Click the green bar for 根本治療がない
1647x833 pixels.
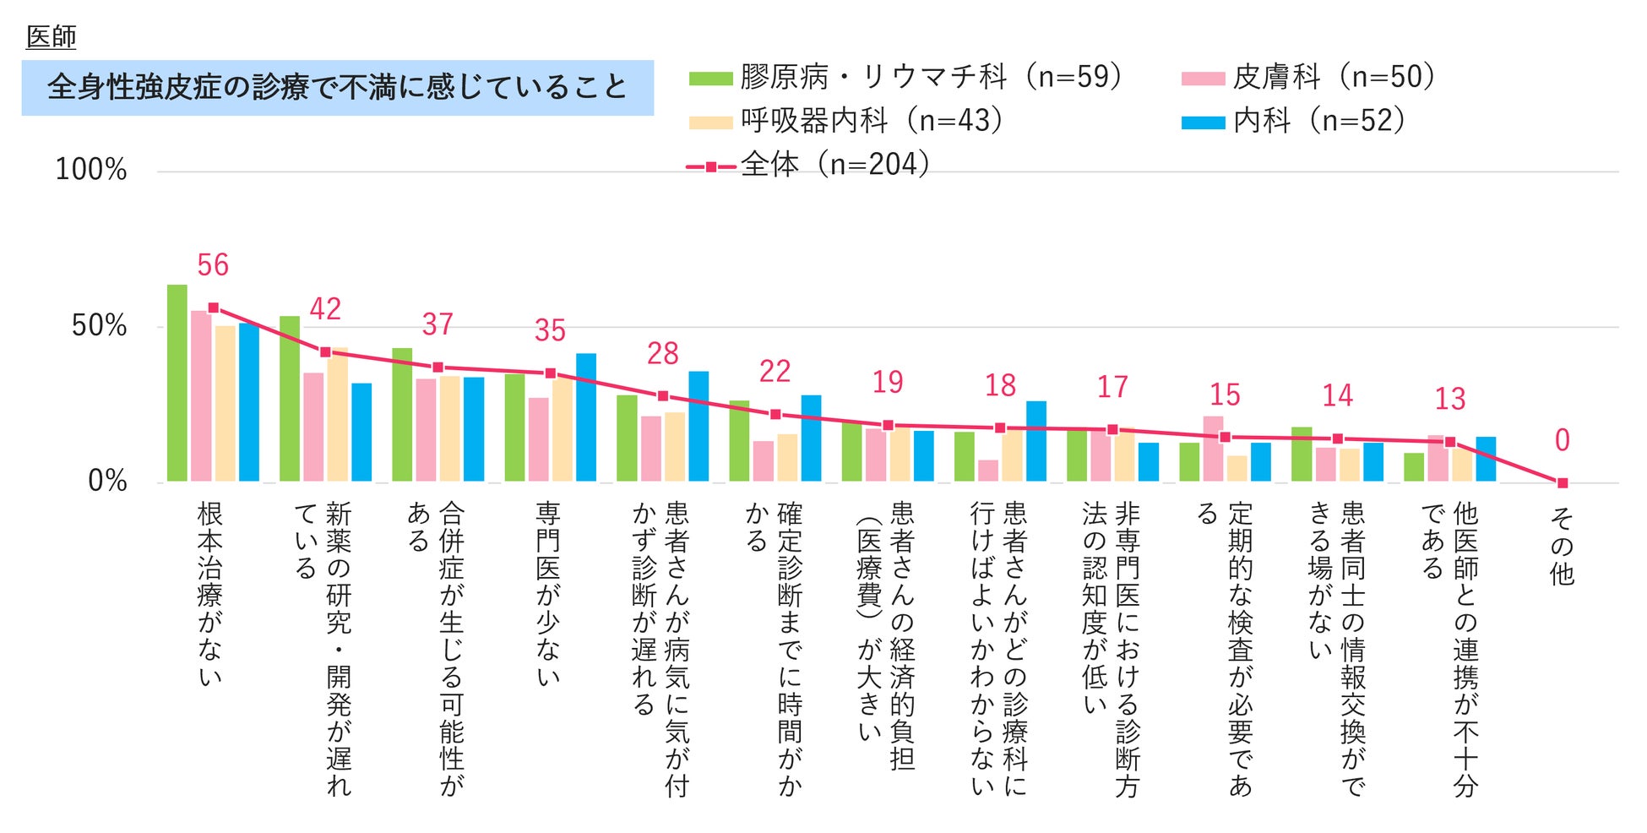tap(177, 384)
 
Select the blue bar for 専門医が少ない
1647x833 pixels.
tap(586, 417)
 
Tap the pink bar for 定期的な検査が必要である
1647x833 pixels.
tap(1213, 449)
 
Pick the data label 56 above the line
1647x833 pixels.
tap(213, 265)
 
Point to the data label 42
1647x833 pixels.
tap(325, 309)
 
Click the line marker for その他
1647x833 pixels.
tap(1562, 483)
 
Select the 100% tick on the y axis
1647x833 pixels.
tap(91, 170)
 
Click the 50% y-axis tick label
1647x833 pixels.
tap(100, 326)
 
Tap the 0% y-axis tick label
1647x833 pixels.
tap(107, 482)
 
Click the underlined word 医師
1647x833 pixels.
tap(52, 37)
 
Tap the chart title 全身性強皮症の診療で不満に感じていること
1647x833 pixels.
tap(337, 88)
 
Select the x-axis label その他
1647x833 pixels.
tap(1562, 546)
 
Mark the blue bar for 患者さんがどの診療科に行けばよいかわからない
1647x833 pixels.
tap(1036, 441)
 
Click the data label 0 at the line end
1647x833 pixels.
tap(1562, 440)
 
